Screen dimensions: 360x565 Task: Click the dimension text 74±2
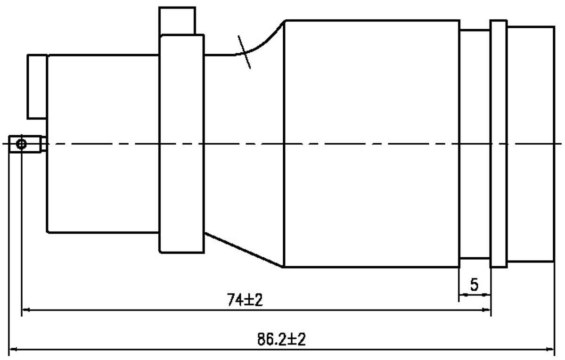[x=244, y=300]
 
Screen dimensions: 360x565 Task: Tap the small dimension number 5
[x=475, y=285]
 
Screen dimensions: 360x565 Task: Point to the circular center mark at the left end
[x=21, y=144]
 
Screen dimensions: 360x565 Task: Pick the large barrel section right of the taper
[x=371, y=141]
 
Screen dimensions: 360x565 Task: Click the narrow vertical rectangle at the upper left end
[x=37, y=86]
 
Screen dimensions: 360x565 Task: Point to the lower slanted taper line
[x=243, y=246]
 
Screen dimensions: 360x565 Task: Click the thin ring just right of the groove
[x=498, y=144]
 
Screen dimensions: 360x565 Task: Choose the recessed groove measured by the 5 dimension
[x=475, y=144]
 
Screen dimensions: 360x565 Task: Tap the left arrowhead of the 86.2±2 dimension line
[x=12, y=350]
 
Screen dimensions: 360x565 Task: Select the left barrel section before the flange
[x=103, y=144]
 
